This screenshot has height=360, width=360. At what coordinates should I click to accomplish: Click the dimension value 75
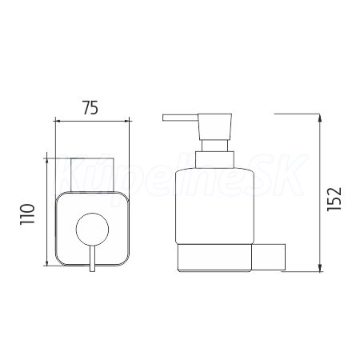pyautogui.click(x=90, y=108)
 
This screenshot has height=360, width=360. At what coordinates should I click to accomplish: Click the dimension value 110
pyautogui.click(x=27, y=214)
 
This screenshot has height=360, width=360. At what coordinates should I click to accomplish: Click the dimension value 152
pyautogui.click(x=334, y=199)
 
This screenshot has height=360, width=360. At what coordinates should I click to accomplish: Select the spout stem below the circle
pyautogui.click(x=92, y=258)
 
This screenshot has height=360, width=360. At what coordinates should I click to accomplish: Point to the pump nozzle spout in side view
pyautogui.click(x=180, y=118)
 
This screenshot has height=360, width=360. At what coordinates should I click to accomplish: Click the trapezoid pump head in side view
pyautogui.click(x=215, y=126)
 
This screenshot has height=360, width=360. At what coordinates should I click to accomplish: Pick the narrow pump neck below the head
pyautogui.click(x=215, y=146)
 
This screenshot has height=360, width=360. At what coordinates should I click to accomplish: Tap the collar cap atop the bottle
pyautogui.click(x=215, y=160)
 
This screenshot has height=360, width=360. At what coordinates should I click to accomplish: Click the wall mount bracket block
pyautogui.click(x=268, y=257)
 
